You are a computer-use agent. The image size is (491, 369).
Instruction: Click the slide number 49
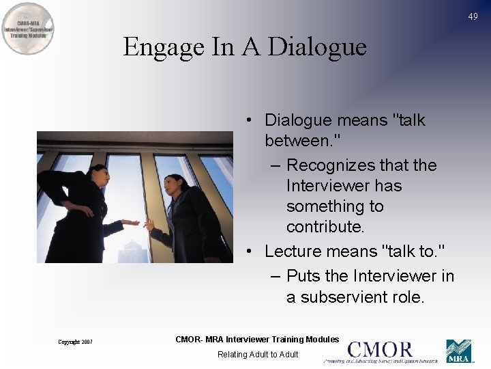coord(473,16)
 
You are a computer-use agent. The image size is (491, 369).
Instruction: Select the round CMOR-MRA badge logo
coord(28,29)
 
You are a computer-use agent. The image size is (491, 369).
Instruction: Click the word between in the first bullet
coord(297,141)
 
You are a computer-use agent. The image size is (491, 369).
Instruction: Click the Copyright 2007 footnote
coord(75,342)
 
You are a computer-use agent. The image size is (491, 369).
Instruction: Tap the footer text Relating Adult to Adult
coord(258,354)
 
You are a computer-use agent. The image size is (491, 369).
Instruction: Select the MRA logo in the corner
coord(458,351)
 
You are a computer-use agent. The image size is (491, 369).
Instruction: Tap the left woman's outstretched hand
coord(133,223)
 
